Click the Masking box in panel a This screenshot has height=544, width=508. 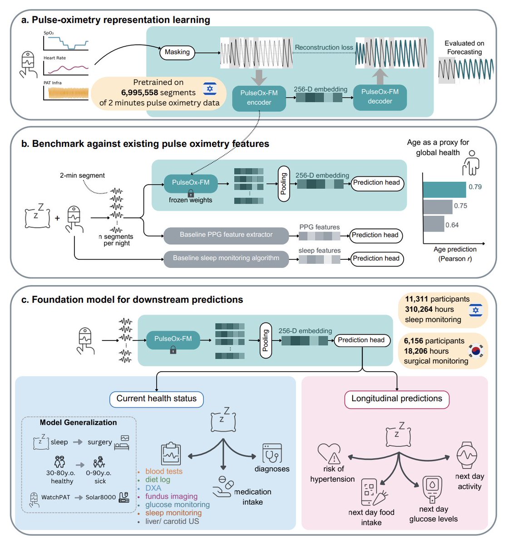pyautogui.click(x=177, y=52)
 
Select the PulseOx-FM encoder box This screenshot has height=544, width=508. pyautogui.click(x=259, y=98)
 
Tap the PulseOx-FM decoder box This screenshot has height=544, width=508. pyautogui.click(x=380, y=97)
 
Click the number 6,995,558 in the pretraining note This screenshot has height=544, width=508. pyautogui.click(x=139, y=92)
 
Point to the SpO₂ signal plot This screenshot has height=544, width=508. pyautogui.click(x=66, y=43)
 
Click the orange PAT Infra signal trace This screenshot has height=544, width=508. pyautogui.click(x=69, y=93)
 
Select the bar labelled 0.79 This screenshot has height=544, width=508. pyautogui.click(x=444, y=189)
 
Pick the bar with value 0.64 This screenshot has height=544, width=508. pyautogui.click(x=434, y=224)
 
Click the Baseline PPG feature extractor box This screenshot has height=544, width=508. pyautogui.click(x=226, y=235)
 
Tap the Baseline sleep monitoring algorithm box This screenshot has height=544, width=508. pyautogui.click(x=226, y=258)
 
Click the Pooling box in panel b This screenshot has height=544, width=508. pyautogui.click(x=284, y=184)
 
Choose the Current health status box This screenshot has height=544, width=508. pyautogui.click(x=157, y=398)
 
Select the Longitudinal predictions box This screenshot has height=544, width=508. pyautogui.click(x=397, y=398)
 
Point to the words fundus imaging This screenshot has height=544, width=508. pyautogui.click(x=171, y=496)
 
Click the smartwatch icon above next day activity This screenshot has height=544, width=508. pyautogui.click(x=467, y=455)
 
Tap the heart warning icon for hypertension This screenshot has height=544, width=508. pyautogui.click(x=329, y=453)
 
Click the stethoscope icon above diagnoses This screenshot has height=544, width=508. pyautogui.click(x=272, y=453)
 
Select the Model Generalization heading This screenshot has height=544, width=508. pyautogui.click(x=78, y=423)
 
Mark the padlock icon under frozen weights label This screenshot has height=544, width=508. pyautogui.click(x=191, y=194)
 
